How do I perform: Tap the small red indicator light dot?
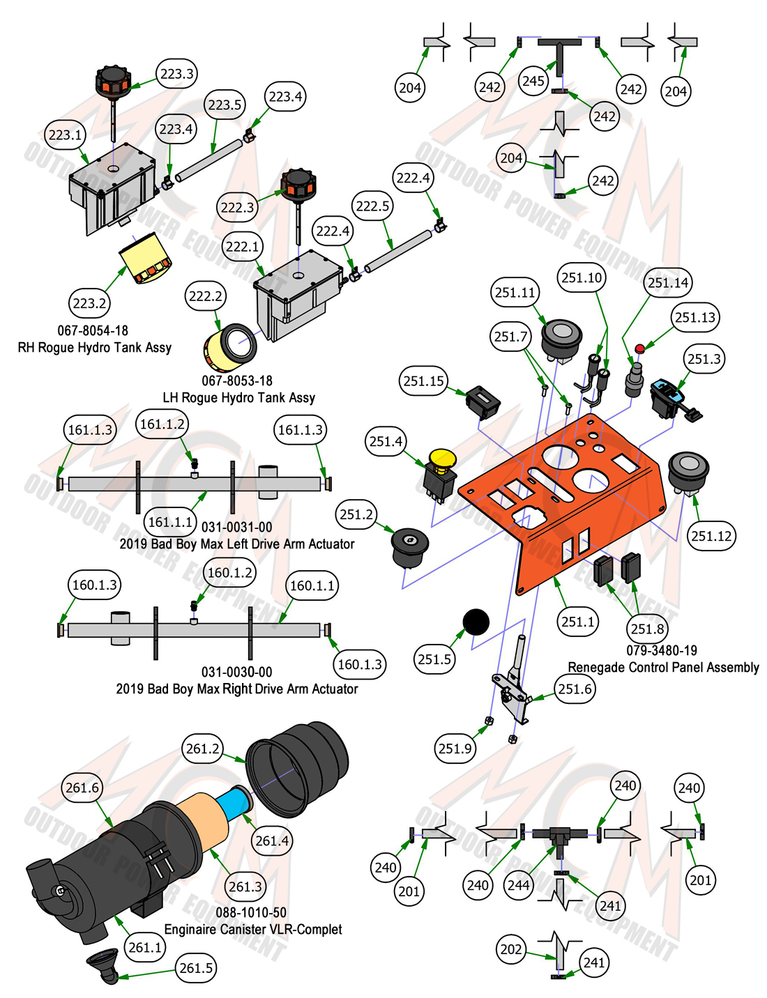639,348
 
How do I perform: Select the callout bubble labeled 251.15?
423,381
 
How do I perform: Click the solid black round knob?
476,622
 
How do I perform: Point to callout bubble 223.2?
89,303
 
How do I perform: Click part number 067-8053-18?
237,381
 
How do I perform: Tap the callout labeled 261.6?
82,788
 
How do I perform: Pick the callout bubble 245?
533,81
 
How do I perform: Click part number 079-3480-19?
662,650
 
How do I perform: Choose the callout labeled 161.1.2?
162,424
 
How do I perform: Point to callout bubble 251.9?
455,748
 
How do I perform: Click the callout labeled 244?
519,884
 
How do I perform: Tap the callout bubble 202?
510,949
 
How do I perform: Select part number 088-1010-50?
251,912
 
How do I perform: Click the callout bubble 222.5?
372,206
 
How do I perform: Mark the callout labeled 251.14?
668,282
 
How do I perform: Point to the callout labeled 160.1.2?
230,572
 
